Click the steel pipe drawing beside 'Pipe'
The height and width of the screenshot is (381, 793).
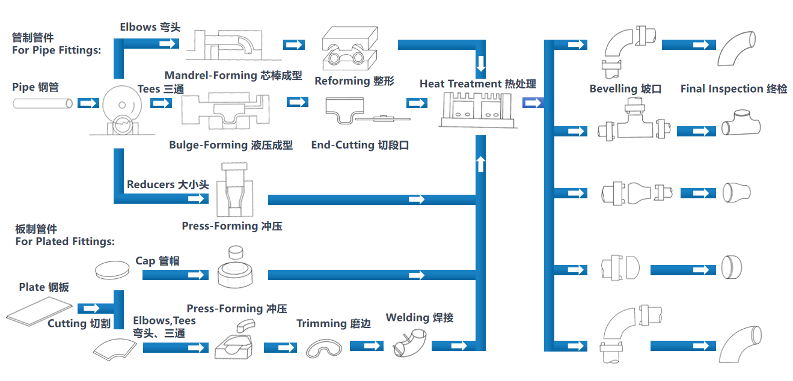[x=43, y=103]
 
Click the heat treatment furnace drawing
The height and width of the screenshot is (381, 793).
[x=479, y=109]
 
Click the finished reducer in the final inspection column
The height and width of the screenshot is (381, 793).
[x=736, y=192]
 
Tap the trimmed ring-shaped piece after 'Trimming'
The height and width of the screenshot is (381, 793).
[x=325, y=348]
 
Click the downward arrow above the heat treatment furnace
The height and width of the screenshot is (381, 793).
[x=480, y=63]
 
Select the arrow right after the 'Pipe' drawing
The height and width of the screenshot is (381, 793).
[x=88, y=103]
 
